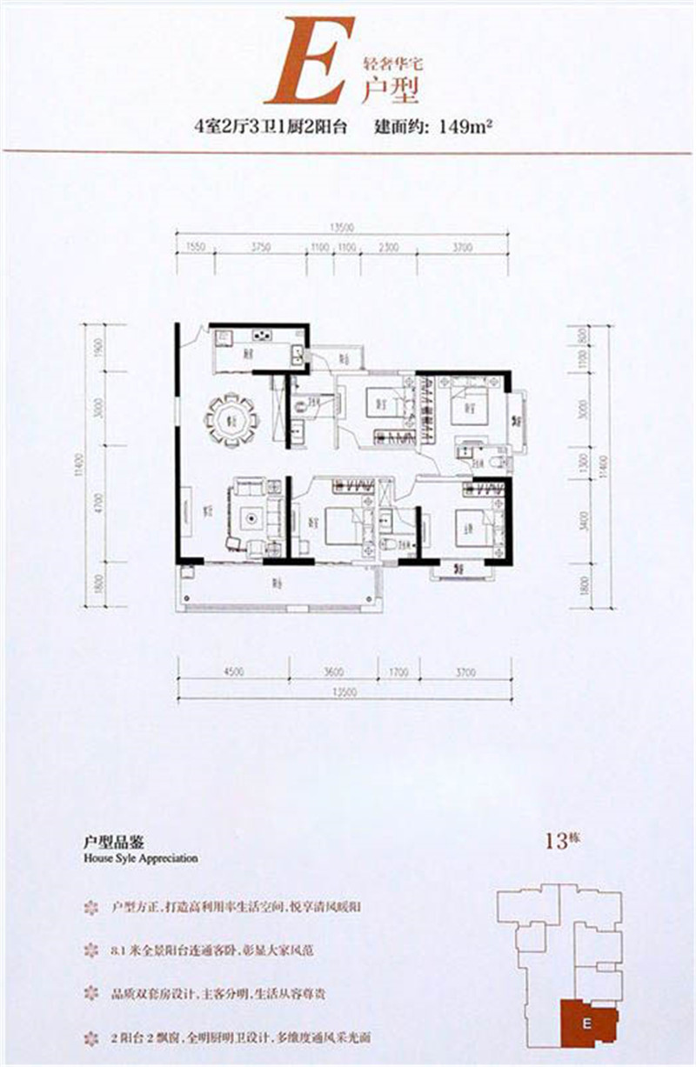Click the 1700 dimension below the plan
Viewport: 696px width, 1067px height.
coord(398,670)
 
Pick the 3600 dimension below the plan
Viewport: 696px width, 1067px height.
coord(334,670)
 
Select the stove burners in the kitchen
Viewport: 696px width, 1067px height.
coord(260,336)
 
